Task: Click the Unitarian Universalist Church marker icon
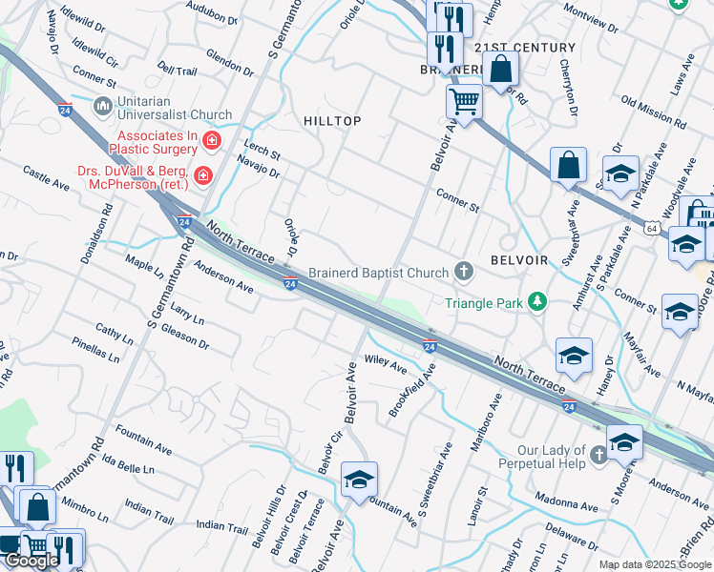click(x=102, y=104)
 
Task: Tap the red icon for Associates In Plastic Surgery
click(x=211, y=141)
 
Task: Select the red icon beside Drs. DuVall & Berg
click(x=201, y=175)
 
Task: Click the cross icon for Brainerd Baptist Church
click(x=464, y=273)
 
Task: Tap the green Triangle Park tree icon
click(x=538, y=302)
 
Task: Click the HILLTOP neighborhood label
click(x=332, y=121)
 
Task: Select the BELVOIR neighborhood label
click(x=518, y=260)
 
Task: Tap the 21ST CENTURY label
click(x=525, y=48)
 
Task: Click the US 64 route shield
click(x=650, y=229)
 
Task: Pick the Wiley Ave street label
click(x=386, y=364)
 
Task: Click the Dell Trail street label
click(x=177, y=71)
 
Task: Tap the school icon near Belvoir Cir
click(x=359, y=480)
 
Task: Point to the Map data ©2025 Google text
click(x=655, y=564)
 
